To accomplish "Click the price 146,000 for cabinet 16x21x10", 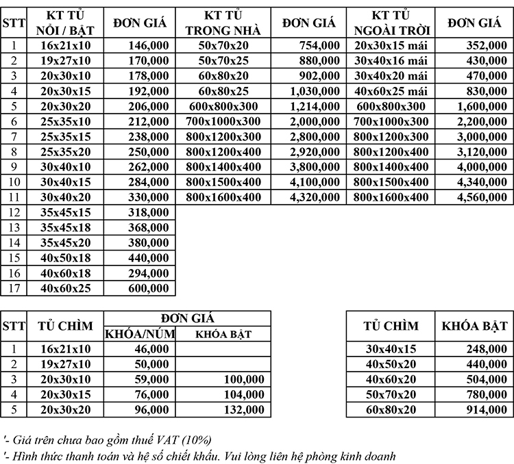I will click(x=147, y=46).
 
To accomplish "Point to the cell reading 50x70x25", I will click(x=223, y=61).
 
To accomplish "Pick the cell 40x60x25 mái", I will click(x=390, y=91).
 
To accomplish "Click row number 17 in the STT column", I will click(x=14, y=288).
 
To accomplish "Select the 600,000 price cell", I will click(x=147, y=288).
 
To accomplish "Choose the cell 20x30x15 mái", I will click(x=390, y=46).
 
